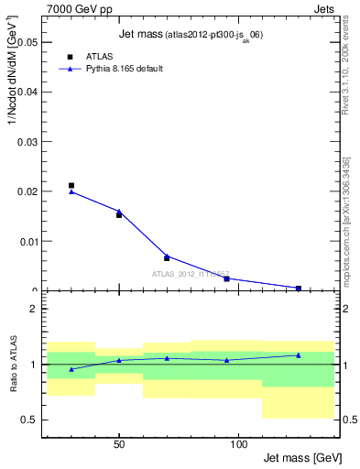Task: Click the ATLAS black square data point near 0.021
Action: tap(71, 186)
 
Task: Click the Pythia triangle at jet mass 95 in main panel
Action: tap(226, 278)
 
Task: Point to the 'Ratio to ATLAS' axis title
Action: tap(14, 365)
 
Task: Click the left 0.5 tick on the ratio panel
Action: tap(29, 420)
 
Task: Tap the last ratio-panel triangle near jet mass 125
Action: tap(299, 354)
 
